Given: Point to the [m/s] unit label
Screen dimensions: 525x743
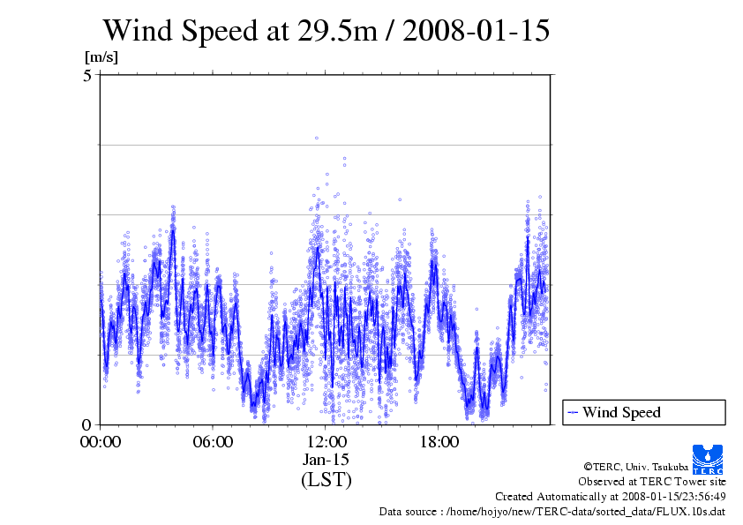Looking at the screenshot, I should coord(101,57).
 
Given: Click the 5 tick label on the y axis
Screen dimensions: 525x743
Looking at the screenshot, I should coord(87,76).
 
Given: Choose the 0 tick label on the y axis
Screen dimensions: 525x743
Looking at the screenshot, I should coord(87,424).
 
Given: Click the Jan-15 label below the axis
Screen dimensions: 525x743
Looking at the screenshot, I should coord(326,461).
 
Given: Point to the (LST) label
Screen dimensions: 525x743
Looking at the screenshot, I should coord(326,481).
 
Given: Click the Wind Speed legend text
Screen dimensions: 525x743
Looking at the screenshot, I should coord(621,412).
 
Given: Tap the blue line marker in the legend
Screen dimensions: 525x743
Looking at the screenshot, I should coord(573,412).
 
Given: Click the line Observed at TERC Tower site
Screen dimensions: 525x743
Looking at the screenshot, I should coord(652,482).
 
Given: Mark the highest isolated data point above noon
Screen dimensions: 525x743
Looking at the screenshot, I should coord(316,138).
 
